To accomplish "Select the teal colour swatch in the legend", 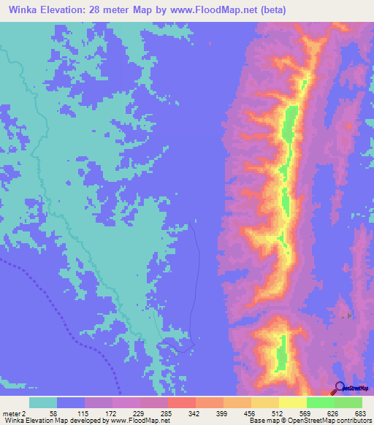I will click(43, 402).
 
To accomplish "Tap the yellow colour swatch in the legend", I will click(292, 402).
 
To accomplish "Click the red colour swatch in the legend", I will click(181, 402).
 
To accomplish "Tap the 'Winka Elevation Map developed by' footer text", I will click(53, 421).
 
